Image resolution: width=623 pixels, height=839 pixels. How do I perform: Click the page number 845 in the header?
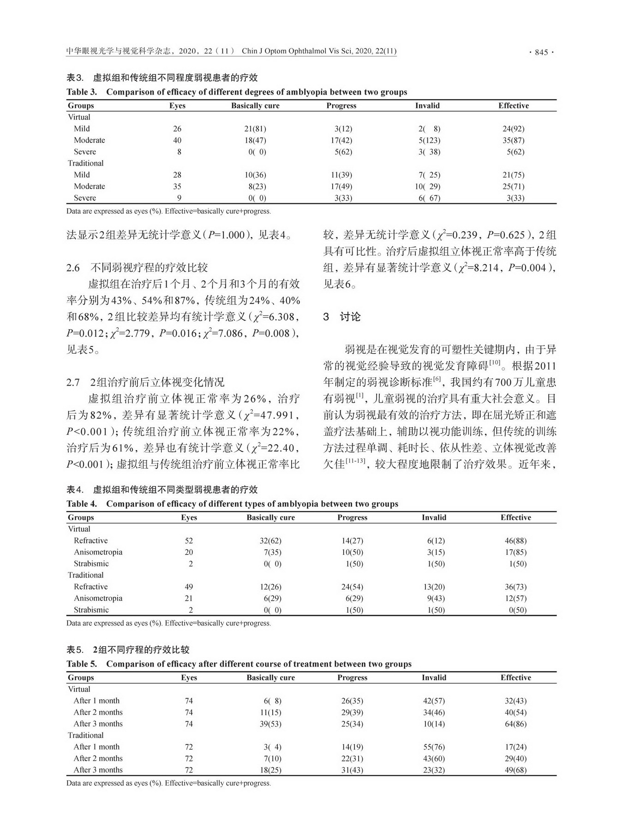pos(541,52)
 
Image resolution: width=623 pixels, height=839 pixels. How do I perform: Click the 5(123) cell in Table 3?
pos(429,140)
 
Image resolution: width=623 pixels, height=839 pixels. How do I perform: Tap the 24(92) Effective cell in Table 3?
pos(513,129)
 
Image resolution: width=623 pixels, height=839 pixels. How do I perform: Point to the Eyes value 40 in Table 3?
pos(177,140)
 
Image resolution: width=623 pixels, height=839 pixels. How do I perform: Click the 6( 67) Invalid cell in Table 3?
pos(429,198)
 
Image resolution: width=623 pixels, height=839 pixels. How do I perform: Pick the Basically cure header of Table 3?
pos(255,106)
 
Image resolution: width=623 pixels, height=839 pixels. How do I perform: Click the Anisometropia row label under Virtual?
pos(98,552)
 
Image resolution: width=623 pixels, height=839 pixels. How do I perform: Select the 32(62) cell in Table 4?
pos(270,541)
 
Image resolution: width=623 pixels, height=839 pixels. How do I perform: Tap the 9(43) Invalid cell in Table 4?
pos(436,598)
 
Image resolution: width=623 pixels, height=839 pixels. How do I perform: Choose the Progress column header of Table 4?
pos(352,518)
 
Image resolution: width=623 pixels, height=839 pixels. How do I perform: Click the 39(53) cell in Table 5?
pos(270,724)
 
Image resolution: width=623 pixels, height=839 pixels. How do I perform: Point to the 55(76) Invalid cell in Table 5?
pos(434,747)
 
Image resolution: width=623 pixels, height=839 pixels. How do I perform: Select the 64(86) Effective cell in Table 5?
pos(515,724)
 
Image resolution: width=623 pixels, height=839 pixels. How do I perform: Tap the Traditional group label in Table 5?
pos(86,735)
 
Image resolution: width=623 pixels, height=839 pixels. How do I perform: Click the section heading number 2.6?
pos(73,268)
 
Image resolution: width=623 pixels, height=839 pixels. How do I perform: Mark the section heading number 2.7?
pos(73,382)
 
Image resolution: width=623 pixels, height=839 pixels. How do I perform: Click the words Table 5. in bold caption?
pos(82,664)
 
